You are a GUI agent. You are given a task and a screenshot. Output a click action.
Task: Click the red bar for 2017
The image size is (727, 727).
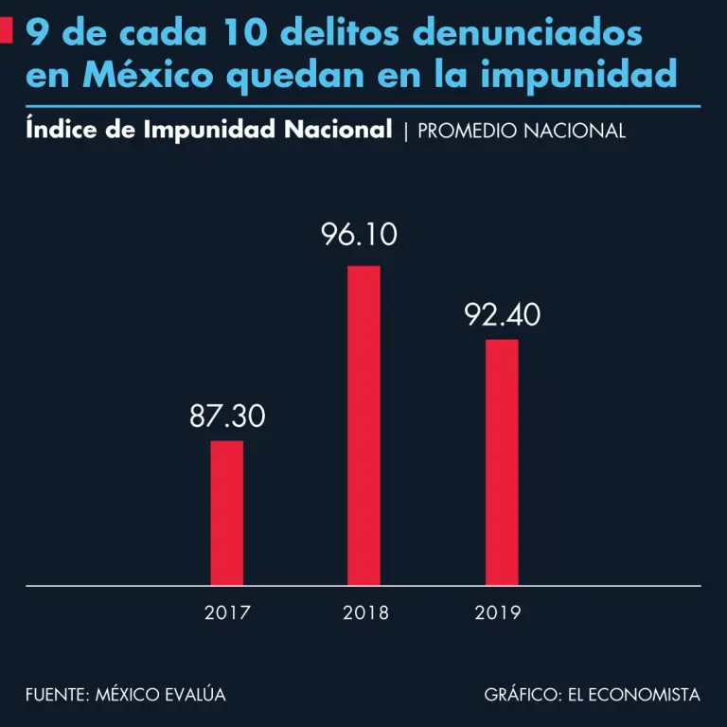pos(227,512)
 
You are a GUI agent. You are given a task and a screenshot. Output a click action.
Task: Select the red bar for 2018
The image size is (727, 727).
pos(363,425)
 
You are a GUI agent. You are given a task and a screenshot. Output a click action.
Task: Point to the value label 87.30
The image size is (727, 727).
pos(227,416)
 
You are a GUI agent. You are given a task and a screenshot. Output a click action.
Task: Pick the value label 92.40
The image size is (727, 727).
pos(503,314)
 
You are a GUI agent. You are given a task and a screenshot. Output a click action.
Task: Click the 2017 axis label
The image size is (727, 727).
pos(227,612)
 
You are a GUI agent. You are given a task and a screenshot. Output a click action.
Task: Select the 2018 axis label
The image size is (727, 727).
pos(365,612)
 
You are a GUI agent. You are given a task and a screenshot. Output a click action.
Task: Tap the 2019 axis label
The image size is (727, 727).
pos(498,612)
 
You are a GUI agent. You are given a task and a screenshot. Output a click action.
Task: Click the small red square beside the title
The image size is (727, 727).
pos(7,32)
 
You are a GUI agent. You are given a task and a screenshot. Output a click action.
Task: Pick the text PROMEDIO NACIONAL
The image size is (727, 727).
pos(522,131)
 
